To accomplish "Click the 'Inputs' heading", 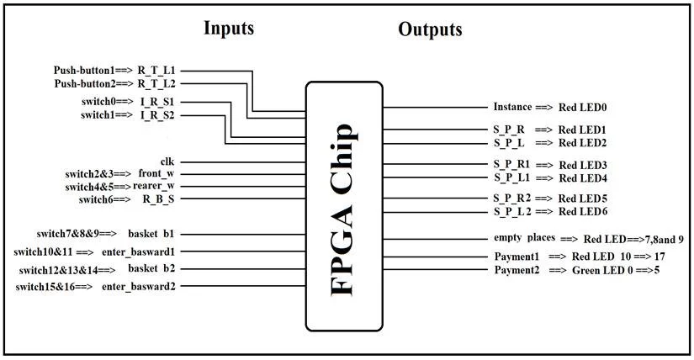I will pos(229,29).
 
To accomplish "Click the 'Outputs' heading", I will pos(430,29).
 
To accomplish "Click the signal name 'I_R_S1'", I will pos(157,101).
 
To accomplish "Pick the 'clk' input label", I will pos(167,160).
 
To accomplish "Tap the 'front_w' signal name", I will pos(156,173).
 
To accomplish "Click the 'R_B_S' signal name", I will pos(157,199).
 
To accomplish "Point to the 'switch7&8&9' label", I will pos(71,233).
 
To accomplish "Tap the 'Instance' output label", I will pos(512,108).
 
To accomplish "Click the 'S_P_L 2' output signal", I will pos(512,210).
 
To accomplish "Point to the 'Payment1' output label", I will pos(517,256).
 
